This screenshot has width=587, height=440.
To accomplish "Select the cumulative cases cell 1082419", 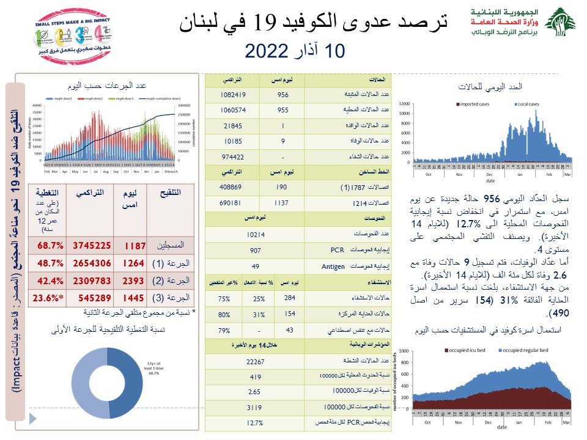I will (x=233, y=95).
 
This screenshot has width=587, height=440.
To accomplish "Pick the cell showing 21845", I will (x=233, y=126).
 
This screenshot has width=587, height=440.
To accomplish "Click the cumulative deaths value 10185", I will (x=233, y=141).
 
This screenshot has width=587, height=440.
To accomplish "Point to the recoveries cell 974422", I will (x=233, y=156).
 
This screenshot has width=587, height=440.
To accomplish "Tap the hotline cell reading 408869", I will (x=233, y=187).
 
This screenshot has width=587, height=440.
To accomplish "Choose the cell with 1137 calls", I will (x=282, y=202).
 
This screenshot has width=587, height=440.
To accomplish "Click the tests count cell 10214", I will (x=255, y=233).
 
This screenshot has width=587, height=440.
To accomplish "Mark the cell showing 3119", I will (x=255, y=406).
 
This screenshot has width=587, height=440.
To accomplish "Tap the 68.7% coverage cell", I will (x=51, y=245).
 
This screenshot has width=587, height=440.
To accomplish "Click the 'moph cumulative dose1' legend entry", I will (x=166, y=98).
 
